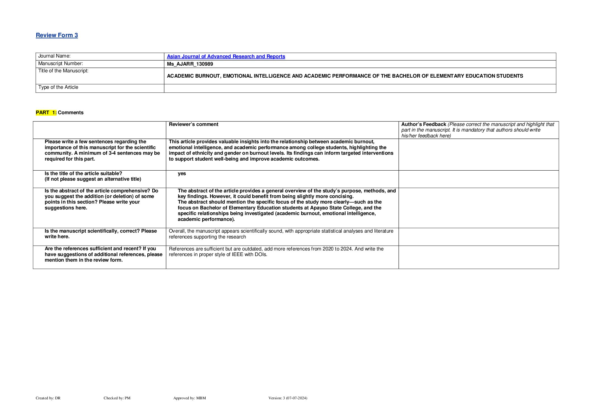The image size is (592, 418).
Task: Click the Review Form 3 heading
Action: pyautogui.click(x=57, y=35)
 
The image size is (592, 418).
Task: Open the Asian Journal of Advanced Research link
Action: pyautogui.click(x=226, y=56)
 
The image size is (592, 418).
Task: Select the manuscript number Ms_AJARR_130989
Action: pyautogui.click(x=190, y=64)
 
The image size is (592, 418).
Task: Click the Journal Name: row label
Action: pyautogui.click(x=54, y=56)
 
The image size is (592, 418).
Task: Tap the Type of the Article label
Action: pyautogui.click(x=58, y=87)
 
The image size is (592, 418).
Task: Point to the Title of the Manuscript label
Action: pyautogui.click(x=63, y=71)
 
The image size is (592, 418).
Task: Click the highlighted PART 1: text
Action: pyautogui.click(x=46, y=113)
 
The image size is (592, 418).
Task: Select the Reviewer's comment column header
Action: pyautogui.click(x=194, y=124)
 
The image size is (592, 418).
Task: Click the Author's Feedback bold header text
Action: pyautogui.click(x=424, y=124)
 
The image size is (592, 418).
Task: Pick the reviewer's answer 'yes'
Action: pyautogui.click(x=182, y=173)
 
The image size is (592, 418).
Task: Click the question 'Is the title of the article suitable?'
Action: pyautogui.click(x=83, y=173)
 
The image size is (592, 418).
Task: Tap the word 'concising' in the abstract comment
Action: pyautogui.click(x=342, y=196)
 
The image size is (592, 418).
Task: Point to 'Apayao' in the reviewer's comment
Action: pyautogui.click(x=319, y=208)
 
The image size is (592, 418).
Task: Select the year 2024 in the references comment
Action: pyautogui.click(x=346, y=249)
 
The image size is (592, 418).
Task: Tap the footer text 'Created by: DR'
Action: pyautogui.click(x=48, y=398)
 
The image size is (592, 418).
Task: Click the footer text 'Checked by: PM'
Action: pyautogui.click(x=117, y=398)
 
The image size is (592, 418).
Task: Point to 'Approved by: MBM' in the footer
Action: pyautogui.click(x=190, y=398)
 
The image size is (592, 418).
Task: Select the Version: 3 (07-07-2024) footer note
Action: pyautogui.click(x=288, y=398)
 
